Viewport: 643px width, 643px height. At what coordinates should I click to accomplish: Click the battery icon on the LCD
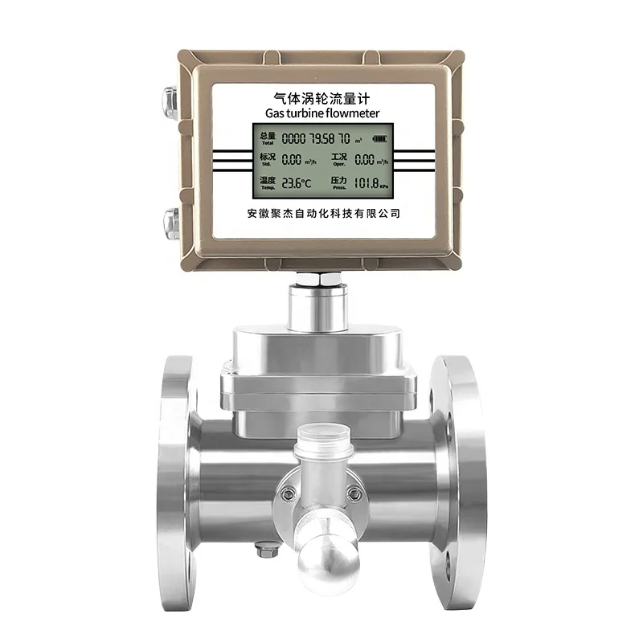[378, 137]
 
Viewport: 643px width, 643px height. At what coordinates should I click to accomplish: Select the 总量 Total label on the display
[266, 138]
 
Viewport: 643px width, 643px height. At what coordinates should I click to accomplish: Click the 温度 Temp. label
[266, 184]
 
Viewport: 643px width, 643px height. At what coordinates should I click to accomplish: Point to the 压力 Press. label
[338, 184]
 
